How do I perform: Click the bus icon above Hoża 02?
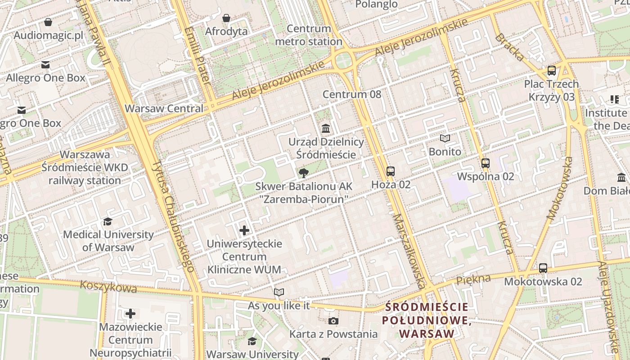click(391, 171)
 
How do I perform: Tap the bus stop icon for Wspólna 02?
click(485, 163)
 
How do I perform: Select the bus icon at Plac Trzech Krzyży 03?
click(552, 71)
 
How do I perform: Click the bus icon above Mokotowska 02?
click(543, 268)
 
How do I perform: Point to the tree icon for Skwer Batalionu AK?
click(304, 173)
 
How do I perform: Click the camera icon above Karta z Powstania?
click(333, 321)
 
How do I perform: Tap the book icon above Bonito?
click(445, 138)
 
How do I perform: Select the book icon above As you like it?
click(279, 292)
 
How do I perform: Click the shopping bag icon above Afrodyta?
click(226, 18)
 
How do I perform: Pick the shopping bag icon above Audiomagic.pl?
click(48, 22)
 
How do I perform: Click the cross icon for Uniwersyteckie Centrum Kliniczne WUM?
click(244, 230)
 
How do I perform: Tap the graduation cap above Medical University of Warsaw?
click(108, 221)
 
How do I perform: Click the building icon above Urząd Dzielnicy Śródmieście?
click(326, 129)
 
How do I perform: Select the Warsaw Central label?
click(164, 108)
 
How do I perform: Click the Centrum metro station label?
click(308, 35)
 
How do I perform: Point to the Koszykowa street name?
click(108, 287)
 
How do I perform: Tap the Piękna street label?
click(473, 279)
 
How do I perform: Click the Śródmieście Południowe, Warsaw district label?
click(427, 320)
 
